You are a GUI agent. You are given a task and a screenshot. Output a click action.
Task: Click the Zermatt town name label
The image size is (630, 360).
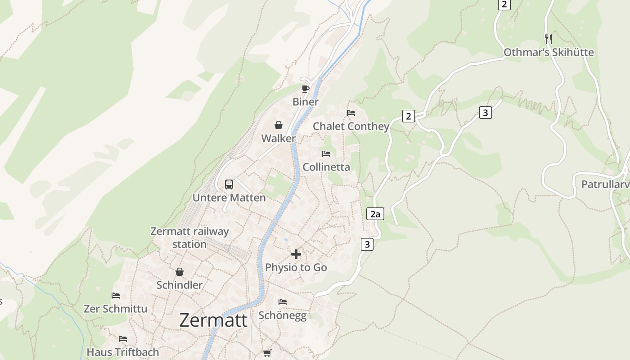tap(213, 320)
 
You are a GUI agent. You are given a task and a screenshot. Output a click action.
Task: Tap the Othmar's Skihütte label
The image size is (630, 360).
tap(549, 53)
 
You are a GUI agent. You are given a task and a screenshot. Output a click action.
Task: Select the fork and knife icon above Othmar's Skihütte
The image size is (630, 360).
tap(548, 39)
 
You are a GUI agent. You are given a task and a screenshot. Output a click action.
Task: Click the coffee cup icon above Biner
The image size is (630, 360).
tap(306, 88)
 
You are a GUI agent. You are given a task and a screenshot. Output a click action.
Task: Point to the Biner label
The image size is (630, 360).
tap(306, 102)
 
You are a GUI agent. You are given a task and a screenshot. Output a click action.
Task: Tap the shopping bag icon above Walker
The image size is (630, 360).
tap(279, 125)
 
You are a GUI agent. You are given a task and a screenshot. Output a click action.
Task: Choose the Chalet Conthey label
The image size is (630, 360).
tap(351, 126)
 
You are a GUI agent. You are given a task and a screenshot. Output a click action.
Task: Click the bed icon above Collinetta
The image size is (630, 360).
tap(326, 154)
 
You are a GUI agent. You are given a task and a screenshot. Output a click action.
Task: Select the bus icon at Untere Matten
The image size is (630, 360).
tap(229, 184)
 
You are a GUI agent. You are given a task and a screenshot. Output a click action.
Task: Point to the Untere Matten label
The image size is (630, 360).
tap(229, 198)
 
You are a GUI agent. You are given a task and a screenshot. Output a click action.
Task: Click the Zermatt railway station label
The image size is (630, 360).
tap(189, 238)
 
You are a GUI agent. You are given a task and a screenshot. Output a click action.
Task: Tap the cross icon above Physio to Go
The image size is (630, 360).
tap(296, 254)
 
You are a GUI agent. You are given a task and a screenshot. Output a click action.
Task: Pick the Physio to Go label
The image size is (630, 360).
tap(296, 267)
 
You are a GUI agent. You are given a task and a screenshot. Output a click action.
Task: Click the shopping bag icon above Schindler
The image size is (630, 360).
tap(180, 272)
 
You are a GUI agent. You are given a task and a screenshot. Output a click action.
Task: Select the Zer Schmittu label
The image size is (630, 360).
tap(116, 309)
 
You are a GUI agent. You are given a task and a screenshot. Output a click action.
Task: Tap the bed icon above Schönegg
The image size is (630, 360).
tap(283, 301)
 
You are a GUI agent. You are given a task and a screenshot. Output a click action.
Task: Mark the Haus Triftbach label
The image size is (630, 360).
tap(123, 352)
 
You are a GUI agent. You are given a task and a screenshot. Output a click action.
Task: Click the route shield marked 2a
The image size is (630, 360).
tap(375, 214)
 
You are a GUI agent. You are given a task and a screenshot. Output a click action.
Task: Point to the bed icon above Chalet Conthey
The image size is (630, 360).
tap(351, 113)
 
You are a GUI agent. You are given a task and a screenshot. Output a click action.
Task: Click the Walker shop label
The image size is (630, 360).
tap(279, 139)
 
